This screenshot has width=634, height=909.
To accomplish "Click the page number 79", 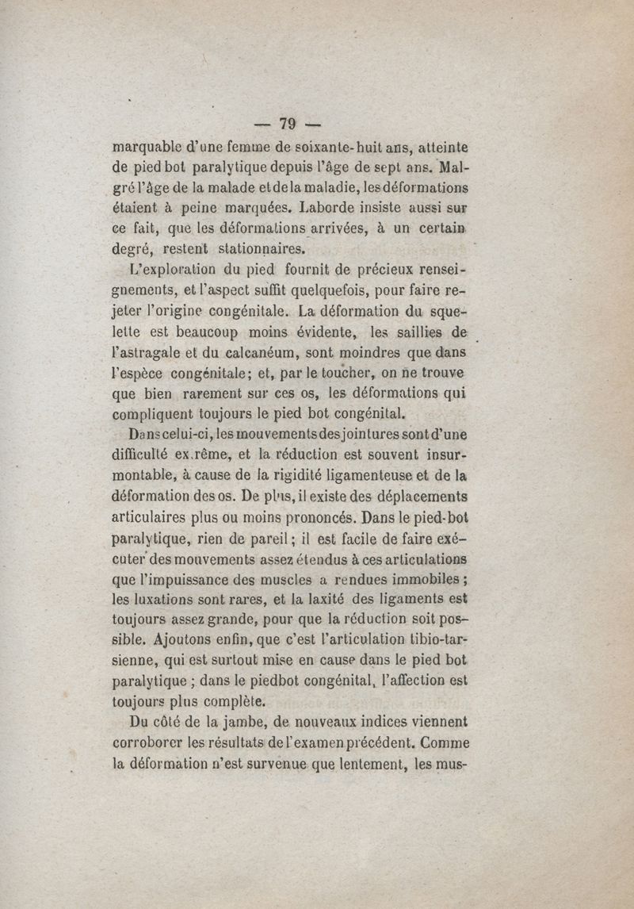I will pyautogui.click(x=287, y=124).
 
